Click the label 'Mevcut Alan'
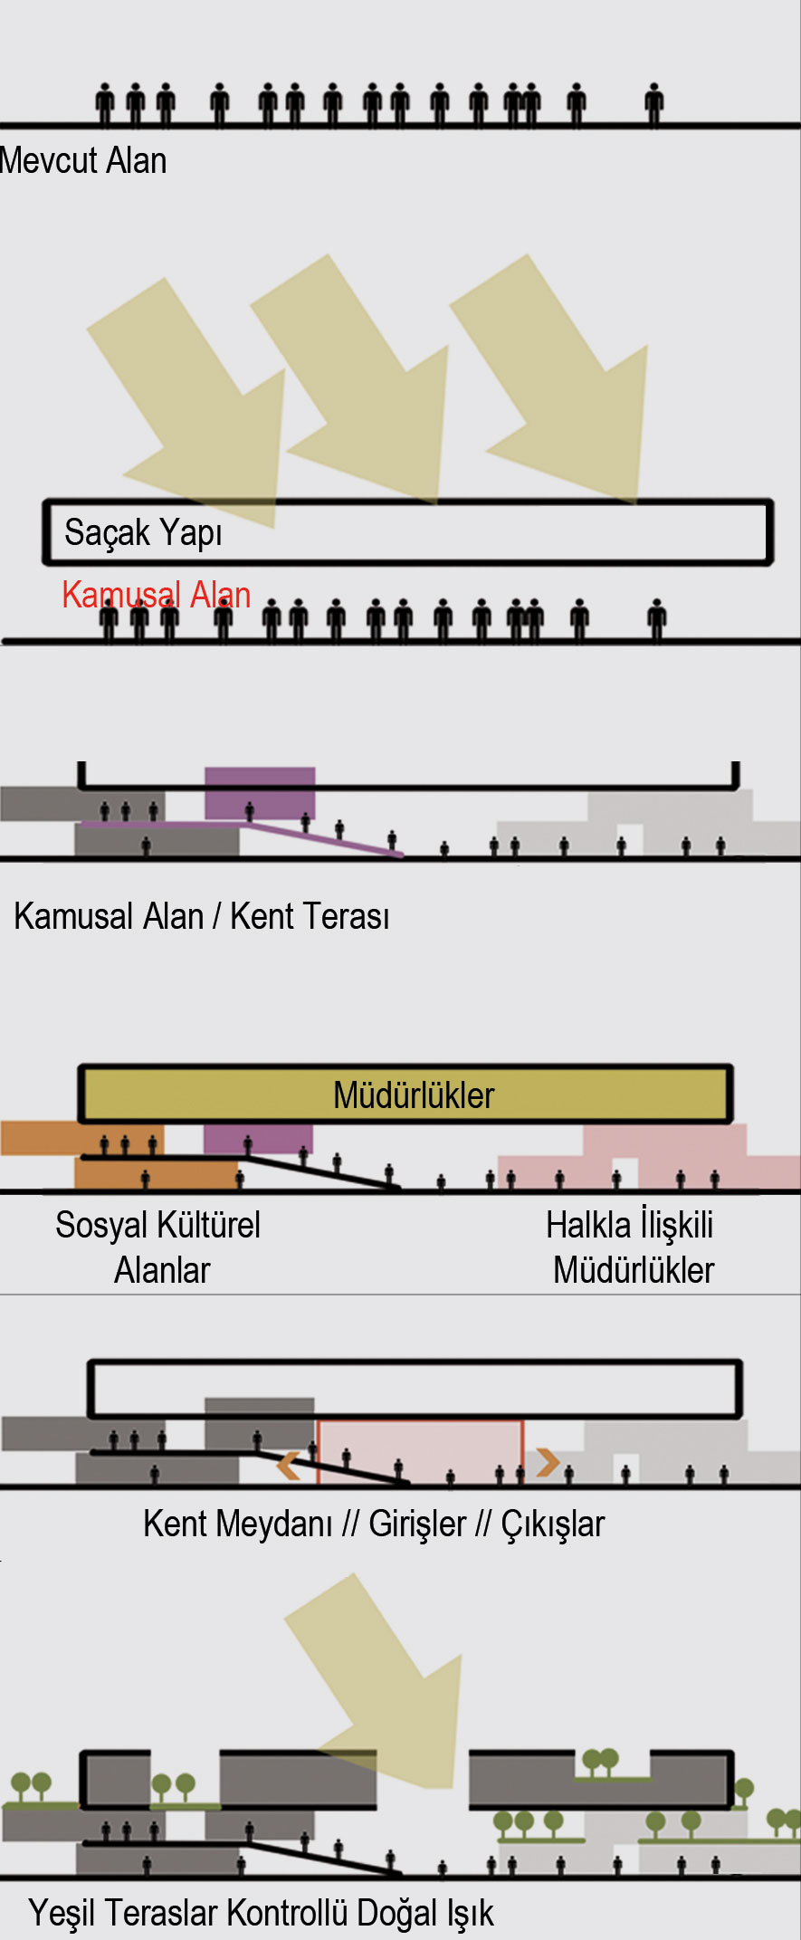pyautogui.click(x=83, y=161)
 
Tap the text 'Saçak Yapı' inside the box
pyautogui.click(x=143, y=532)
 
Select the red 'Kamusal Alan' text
pyautogui.click(x=156, y=595)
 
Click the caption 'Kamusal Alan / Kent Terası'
pyautogui.click(x=202, y=916)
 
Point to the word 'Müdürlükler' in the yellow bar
pyautogui.click(x=414, y=1095)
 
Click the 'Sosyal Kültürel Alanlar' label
pyautogui.click(x=158, y=1247)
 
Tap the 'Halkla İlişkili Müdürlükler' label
pyautogui.click(x=631, y=1247)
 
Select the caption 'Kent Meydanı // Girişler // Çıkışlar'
pyautogui.click(x=374, y=1524)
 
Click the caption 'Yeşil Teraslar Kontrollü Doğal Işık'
pyautogui.click(x=262, y=1913)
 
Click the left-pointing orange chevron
pyautogui.click(x=289, y=1466)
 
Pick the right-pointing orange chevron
pyautogui.click(x=547, y=1462)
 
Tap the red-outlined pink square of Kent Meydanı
pyautogui.click(x=420, y=1452)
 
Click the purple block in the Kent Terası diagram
pyautogui.click(x=260, y=794)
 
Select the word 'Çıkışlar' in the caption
pyautogui.click(x=552, y=1524)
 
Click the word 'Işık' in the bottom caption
pyautogui.click(x=469, y=1913)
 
